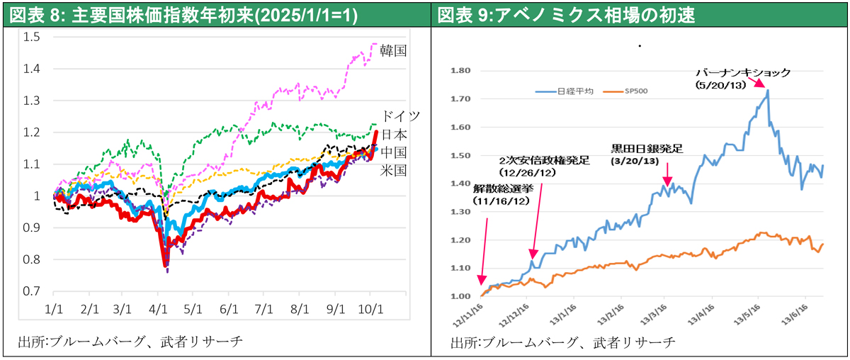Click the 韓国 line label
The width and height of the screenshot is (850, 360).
393,50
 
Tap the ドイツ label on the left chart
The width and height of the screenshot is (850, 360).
400,116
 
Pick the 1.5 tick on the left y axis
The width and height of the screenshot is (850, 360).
30,37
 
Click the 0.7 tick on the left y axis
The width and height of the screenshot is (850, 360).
30,291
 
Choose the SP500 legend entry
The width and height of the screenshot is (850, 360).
634,91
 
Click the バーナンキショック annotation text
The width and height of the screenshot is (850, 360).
742,72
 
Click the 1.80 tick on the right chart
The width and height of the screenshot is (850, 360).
460,71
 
